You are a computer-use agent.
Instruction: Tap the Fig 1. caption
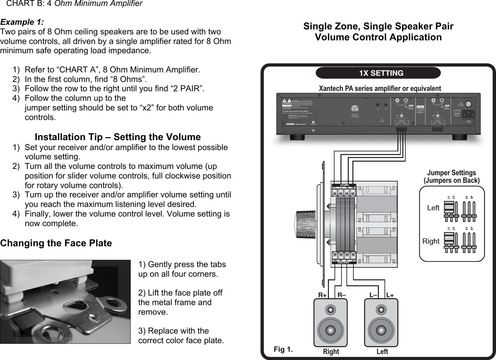click(x=283, y=349)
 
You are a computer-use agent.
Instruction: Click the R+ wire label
click(x=322, y=295)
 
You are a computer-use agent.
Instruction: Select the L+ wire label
click(x=390, y=295)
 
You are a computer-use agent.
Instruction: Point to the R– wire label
click(x=342, y=295)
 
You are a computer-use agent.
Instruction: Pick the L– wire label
click(x=373, y=295)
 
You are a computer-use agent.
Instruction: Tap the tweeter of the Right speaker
click(x=330, y=310)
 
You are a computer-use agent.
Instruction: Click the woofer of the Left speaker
click(x=381, y=330)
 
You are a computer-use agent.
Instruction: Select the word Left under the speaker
click(x=382, y=352)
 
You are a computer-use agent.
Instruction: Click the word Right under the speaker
click(x=331, y=352)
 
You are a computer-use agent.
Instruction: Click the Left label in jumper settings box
click(x=433, y=208)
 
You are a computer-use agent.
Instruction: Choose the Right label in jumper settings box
click(x=431, y=241)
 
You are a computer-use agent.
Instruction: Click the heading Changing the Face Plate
click(x=56, y=243)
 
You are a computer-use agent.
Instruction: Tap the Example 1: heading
click(x=22, y=22)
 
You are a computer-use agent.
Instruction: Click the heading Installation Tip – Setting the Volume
click(x=117, y=137)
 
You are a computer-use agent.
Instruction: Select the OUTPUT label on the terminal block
click(x=344, y=263)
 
